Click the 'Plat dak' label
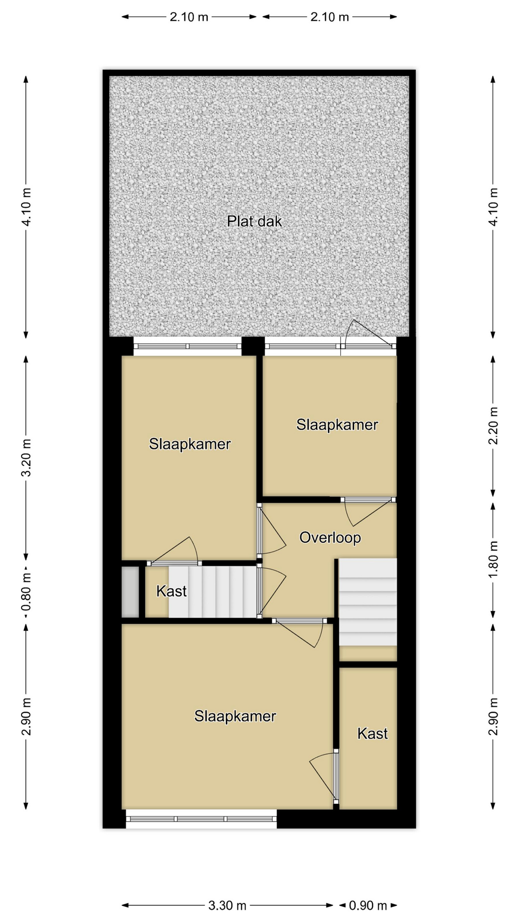point(254,221)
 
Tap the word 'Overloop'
point(330,537)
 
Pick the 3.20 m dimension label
point(26,457)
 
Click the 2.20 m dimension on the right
point(493,426)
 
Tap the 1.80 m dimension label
point(493,560)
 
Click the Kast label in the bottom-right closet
point(372,733)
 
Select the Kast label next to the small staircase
point(172,591)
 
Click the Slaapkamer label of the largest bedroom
point(235,716)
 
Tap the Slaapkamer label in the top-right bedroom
point(337,425)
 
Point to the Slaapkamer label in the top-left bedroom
point(190,444)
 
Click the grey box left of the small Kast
point(130,592)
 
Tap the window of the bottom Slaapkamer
point(201,819)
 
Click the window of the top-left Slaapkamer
point(187,346)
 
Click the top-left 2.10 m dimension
point(189,17)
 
